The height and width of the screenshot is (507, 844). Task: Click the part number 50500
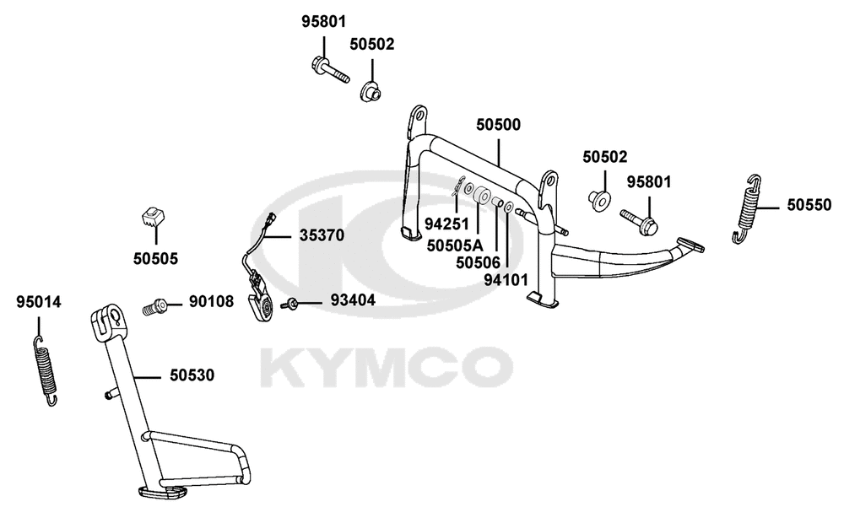tap(499, 125)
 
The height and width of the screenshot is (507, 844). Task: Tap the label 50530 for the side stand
tap(192, 375)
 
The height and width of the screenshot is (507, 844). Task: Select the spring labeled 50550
tap(747, 209)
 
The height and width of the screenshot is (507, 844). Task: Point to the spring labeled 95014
tap(46, 370)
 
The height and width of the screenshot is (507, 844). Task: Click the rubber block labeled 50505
tap(152, 216)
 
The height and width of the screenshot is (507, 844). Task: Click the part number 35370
tap(322, 235)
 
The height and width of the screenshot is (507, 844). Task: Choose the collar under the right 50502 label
tap(599, 201)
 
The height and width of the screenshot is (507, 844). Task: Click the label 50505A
tap(455, 245)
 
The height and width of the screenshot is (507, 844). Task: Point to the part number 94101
tap(506, 280)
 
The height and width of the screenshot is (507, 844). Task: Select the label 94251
tap(446, 224)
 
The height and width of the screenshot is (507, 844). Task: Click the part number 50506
tap(478, 262)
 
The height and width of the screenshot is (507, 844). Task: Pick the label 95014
tap(39, 303)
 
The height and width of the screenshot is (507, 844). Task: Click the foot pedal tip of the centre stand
tap(690, 245)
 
